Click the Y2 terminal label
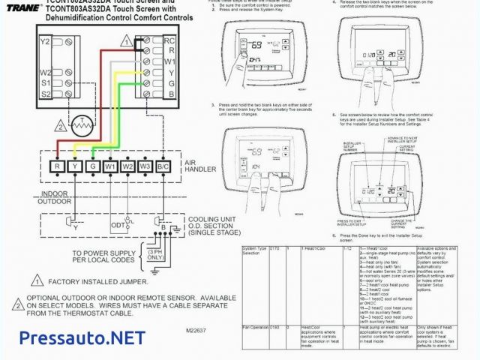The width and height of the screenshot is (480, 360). [44, 42]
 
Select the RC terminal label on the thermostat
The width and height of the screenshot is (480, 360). [170, 40]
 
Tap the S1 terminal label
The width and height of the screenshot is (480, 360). [46, 83]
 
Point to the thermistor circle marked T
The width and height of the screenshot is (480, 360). [80, 121]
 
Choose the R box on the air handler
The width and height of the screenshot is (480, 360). [58, 165]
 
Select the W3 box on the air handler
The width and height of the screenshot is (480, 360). [145, 165]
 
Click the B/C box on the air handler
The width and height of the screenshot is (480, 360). [163, 165]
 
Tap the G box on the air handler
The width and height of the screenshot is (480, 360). [92, 165]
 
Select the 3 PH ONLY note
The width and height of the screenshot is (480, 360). [155, 254]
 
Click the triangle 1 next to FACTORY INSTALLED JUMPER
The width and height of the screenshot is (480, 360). [37, 282]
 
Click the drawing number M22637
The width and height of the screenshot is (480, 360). [196, 329]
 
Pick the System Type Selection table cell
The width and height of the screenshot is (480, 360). [253, 250]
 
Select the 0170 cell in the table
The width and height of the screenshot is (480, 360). [274, 247]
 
